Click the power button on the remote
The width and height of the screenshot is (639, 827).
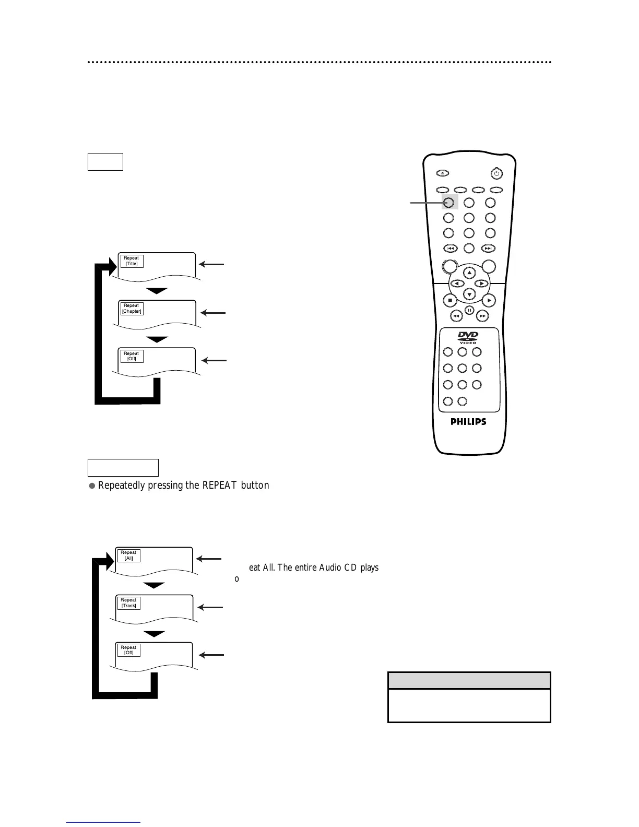(x=496, y=173)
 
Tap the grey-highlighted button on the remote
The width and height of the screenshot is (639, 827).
(x=449, y=203)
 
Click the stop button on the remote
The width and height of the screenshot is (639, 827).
(x=450, y=300)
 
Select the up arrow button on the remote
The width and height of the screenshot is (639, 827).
(x=469, y=273)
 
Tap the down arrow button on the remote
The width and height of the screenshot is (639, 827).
(x=469, y=294)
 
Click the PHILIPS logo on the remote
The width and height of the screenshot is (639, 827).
(x=468, y=422)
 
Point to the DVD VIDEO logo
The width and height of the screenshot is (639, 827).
(x=468, y=337)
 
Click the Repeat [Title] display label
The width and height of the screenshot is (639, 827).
(x=131, y=261)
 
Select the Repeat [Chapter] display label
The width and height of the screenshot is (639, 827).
(x=132, y=309)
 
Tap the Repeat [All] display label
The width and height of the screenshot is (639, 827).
(x=128, y=555)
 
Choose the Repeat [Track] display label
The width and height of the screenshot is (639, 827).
(x=128, y=603)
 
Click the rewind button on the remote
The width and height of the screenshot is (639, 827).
(x=456, y=316)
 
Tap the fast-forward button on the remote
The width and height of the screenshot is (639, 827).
(x=483, y=316)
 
